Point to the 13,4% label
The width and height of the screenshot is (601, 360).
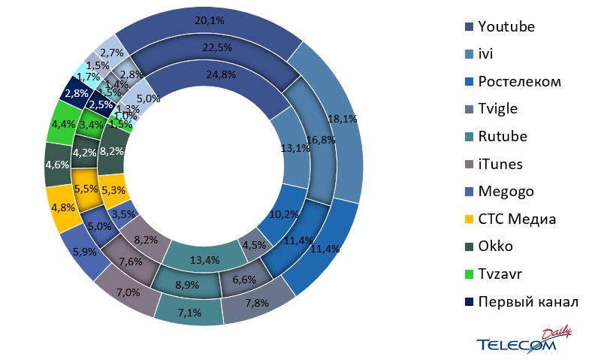point(204,261)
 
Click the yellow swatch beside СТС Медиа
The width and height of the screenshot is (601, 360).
point(470,219)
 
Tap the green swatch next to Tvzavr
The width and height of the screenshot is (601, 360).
point(470,274)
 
